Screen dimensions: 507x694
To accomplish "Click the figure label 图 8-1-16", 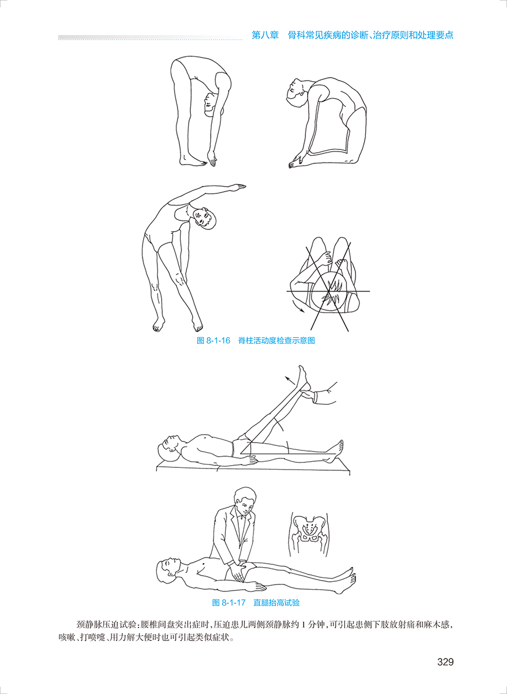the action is coord(214,341).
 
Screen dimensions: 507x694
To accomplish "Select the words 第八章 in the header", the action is coord(265,35).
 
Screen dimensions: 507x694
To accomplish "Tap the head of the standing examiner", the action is coord(245,499).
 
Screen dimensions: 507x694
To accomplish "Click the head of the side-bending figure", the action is coord(204,218).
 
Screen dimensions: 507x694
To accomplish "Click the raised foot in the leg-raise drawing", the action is coord(304,378).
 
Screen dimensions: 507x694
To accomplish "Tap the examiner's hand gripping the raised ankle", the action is coord(309,395).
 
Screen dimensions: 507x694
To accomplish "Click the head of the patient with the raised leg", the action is coord(168,448).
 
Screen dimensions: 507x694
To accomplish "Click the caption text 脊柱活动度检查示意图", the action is coord(277,341).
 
